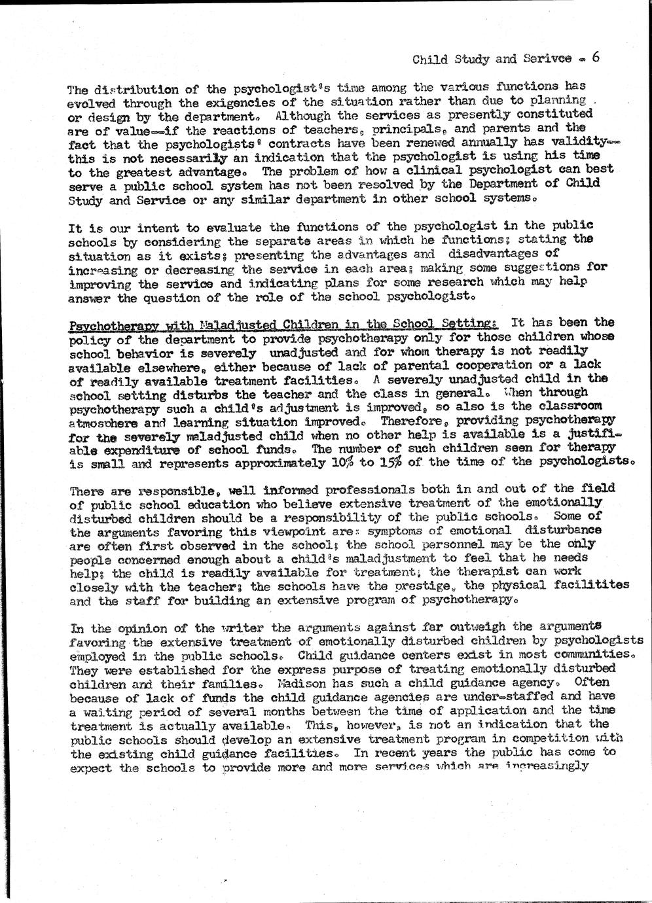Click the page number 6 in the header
pos(596,57)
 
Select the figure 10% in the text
pos(337,463)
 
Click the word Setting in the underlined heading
pos(474,323)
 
